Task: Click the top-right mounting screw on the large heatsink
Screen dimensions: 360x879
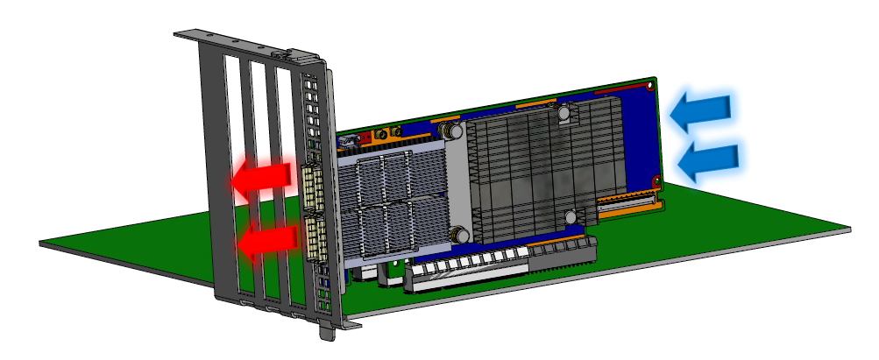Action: point(565,112)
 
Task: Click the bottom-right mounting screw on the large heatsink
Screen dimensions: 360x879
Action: point(571,215)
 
